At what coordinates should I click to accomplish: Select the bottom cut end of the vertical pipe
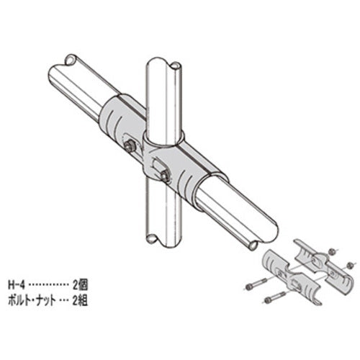pos(157,238)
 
